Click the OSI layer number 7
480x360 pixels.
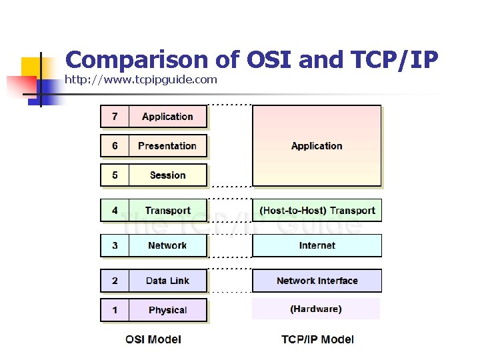[x=115, y=117]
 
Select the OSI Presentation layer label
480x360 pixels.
[x=167, y=146]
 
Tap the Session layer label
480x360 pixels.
[x=167, y=175]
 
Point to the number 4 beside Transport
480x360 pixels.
[x=115, y=211]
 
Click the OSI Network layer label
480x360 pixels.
[x=167, y=245]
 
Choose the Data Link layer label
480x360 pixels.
[x=167, y=281]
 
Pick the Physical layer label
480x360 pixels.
[x=167, y=310]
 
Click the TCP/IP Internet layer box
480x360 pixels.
[x=317, y=245]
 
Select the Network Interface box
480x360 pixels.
[x=317, y=281]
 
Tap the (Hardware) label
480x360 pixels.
[x=316, y=309]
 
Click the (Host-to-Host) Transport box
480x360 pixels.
[x=317, y=211]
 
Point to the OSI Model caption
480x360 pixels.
[x=153, y=339]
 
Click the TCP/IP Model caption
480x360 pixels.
[x=317, y=339]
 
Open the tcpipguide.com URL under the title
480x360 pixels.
[x=141, y=80]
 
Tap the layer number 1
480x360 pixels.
[x=115, y=310]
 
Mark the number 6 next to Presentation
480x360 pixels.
[x=115, y=146]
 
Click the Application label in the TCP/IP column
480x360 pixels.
[x=317, y=146]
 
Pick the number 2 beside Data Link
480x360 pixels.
[x=115, y=281]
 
